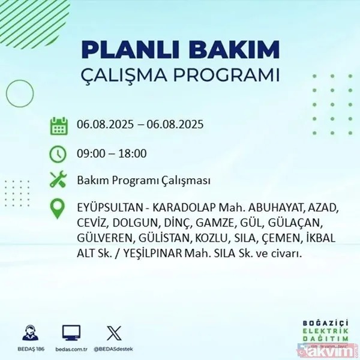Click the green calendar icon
pos(58,126)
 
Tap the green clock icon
pos(58,154)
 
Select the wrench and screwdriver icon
pos(58,180)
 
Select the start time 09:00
pos(89,154)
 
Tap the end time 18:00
pos(133,154)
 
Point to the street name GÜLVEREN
pos(104,239)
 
